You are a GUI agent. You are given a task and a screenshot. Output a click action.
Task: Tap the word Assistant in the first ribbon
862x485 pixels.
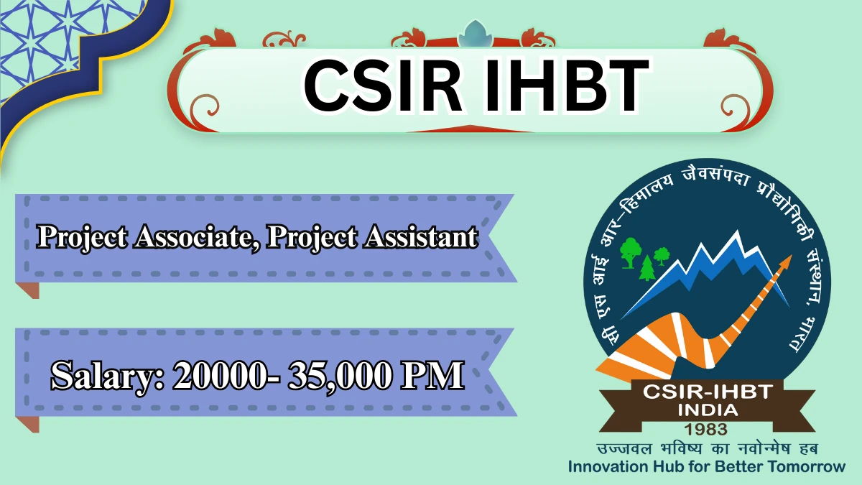(421, 236)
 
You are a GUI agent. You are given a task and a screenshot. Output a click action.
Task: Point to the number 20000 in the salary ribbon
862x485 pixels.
(224, 375)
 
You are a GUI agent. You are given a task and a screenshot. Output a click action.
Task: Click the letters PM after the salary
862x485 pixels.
(432, 375)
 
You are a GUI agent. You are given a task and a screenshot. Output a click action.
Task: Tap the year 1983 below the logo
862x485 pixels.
(708, 429)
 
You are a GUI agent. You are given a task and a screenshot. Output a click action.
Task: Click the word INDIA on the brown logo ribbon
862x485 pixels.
(708, 410)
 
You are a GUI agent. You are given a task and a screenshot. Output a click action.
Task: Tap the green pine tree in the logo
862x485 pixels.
(647, 268)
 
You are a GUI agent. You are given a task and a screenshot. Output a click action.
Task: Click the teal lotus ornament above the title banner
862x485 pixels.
(475, 34)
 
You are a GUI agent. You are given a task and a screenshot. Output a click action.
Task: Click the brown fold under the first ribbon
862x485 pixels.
(28, 290)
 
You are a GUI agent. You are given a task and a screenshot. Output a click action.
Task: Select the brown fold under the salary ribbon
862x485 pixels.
(28, 424)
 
